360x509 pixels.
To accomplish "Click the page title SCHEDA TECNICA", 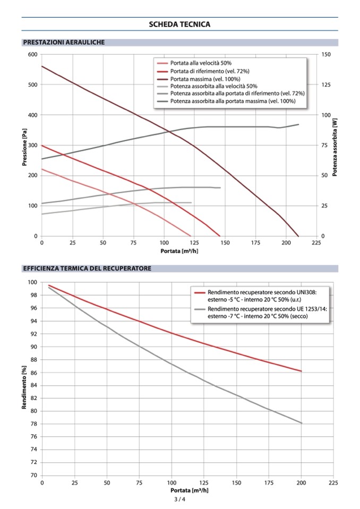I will pos(179,24).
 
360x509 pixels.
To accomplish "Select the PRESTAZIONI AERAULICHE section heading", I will pos(63,42).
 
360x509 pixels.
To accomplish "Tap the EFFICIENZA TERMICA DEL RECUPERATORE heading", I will pos(87,269).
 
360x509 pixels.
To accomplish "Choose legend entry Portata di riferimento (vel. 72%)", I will pos(210,71).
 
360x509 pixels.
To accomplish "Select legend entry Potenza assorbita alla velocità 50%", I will pos(214,86).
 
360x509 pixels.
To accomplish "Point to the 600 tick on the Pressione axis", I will pos(33,55).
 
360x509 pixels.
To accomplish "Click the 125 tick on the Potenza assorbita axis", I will pos(327,85).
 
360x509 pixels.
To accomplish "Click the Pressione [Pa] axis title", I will pos(24,145).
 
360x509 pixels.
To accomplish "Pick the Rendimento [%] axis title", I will pos(24,378).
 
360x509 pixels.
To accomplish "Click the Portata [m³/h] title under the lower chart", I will pos(188,490).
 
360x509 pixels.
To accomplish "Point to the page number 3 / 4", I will pos(179,499).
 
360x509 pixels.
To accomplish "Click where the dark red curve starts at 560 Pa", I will pos(42,66).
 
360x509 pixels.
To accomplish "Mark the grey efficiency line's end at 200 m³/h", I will pos(301,423).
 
